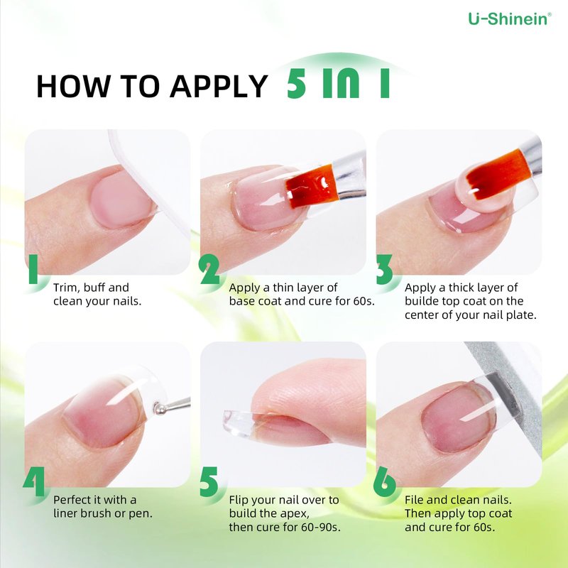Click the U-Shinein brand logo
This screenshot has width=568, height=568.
coord(510,19)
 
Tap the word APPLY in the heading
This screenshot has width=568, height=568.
coord(219,86)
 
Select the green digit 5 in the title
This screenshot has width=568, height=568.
coord(297,83)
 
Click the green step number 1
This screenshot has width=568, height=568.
coord(33,269)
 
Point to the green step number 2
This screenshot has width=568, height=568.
coord(209,269)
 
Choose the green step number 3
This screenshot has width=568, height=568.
coord(384,269)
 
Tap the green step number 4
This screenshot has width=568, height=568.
coord(33,481)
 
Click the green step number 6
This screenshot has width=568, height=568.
coord(384,481)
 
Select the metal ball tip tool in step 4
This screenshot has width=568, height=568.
coord(170,405)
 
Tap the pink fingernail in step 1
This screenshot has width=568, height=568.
coord(121,200)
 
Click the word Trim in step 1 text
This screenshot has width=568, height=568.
coord(65,288)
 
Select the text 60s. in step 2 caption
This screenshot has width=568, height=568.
coord(364,301)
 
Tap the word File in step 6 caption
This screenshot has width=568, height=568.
coord(414,500)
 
